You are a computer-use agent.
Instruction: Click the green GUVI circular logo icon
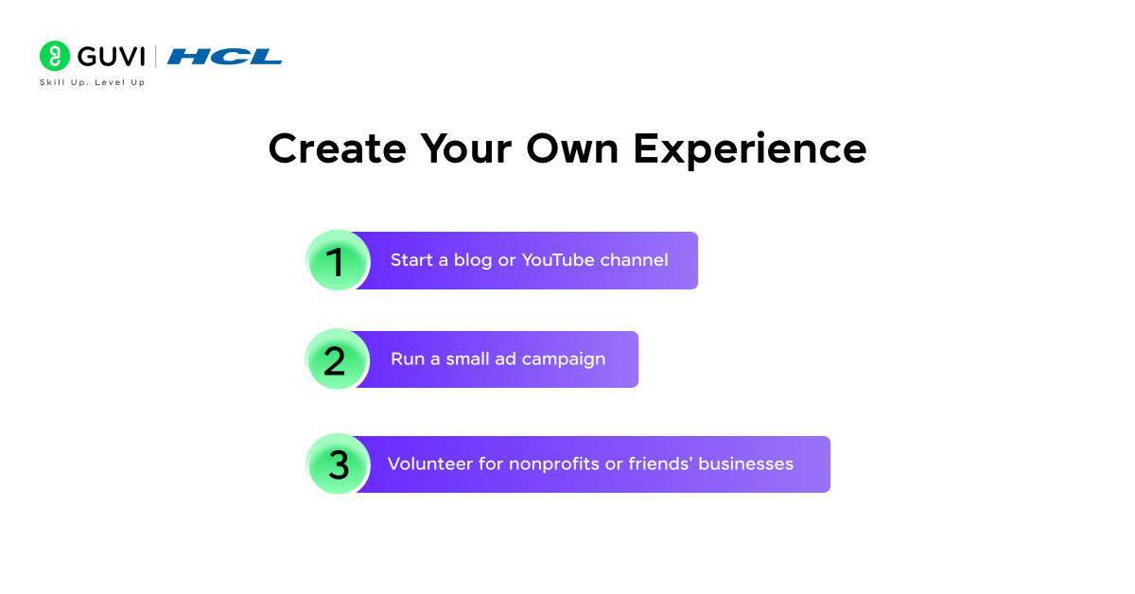coord(55,56)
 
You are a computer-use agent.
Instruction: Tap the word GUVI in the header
coord(111,57)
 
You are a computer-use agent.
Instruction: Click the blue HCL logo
coord(225,57)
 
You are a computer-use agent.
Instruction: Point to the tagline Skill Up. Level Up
coord(92,82)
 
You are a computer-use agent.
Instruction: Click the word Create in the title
coord(337,149)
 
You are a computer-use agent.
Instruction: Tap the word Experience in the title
coord(749,149)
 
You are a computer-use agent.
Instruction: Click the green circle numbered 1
coord(338,261)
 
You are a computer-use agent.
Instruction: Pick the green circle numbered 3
coord(338,464)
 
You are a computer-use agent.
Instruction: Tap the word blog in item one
coord(472,260)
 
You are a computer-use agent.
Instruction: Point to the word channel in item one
coord(634,260)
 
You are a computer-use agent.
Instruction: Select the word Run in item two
coord(408,359)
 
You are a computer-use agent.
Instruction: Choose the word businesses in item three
coord(744,463)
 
